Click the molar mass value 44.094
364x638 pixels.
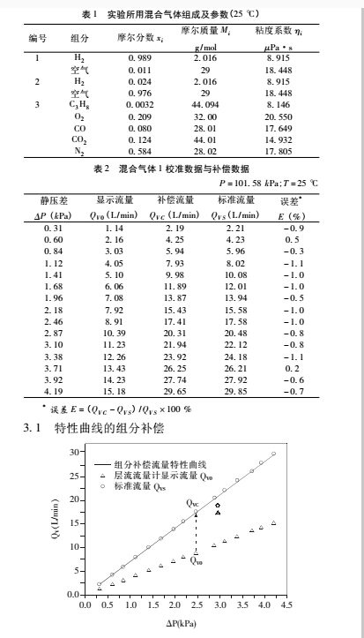pyautogui.click(x=204, y=105)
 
